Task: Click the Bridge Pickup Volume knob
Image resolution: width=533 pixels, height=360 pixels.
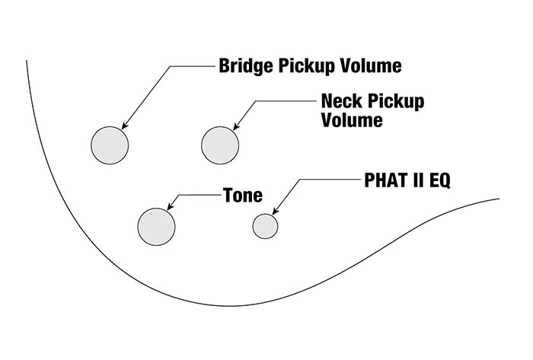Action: (x=110, y=145)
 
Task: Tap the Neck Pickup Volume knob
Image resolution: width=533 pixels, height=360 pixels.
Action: (x=221, y=145)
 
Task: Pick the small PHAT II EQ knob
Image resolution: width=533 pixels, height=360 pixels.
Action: (x=265, y=226)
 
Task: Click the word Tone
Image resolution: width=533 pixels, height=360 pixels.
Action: (x=242, y=196)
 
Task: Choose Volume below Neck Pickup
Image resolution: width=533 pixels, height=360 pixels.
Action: (x=352, y=121)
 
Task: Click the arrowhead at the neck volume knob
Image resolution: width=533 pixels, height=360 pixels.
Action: (x=235, y=126)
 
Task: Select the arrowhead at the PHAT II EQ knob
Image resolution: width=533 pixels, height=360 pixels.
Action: (x=275, y=211)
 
